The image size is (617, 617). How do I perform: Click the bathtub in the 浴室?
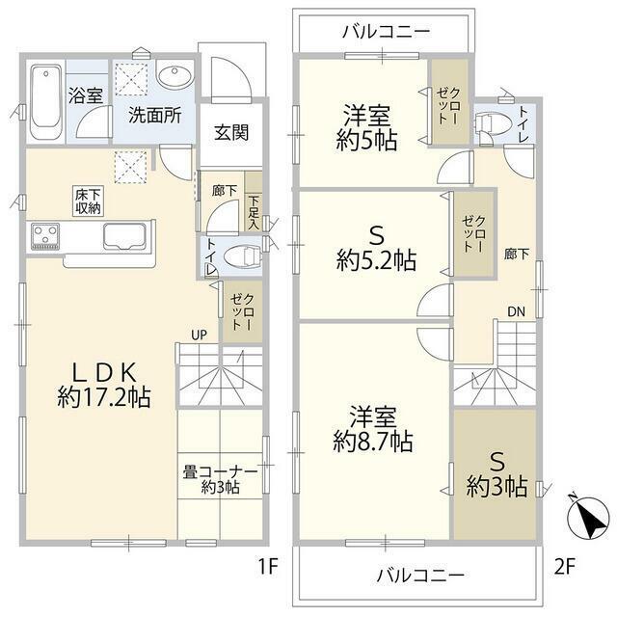point(46,101)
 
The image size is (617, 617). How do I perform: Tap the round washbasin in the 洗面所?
point(174,75)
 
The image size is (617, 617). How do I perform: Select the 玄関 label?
point(231,133)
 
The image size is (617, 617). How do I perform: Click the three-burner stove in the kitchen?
point(45,236)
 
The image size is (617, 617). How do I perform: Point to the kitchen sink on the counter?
point(124,236)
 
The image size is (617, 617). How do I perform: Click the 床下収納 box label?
point(89,201)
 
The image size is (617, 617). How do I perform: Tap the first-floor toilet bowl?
point(242,257)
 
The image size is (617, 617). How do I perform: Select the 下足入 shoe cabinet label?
point(254,212)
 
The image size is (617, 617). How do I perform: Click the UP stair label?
point(199,335)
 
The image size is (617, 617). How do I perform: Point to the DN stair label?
point(517,312)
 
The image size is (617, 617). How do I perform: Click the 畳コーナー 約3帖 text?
point(220,479)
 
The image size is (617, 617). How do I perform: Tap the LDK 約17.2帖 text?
point(104,385)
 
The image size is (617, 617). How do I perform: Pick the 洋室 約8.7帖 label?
point(373,430)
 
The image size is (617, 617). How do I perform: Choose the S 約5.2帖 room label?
point(376,249)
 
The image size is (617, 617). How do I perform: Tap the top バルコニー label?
point(386,32)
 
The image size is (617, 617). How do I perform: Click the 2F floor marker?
point(565,568)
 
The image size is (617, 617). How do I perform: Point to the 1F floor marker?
point(268,568)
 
